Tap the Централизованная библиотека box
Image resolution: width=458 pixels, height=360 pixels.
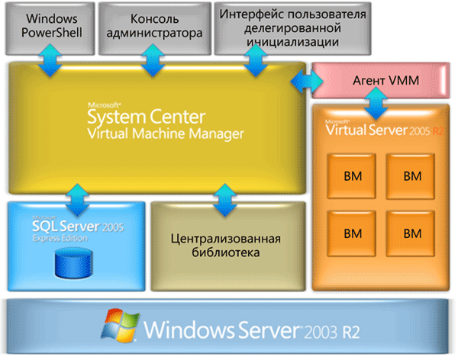point(226,246)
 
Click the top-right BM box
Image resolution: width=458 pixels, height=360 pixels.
point(412,175)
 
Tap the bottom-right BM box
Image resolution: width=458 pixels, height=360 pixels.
point(412,232)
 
